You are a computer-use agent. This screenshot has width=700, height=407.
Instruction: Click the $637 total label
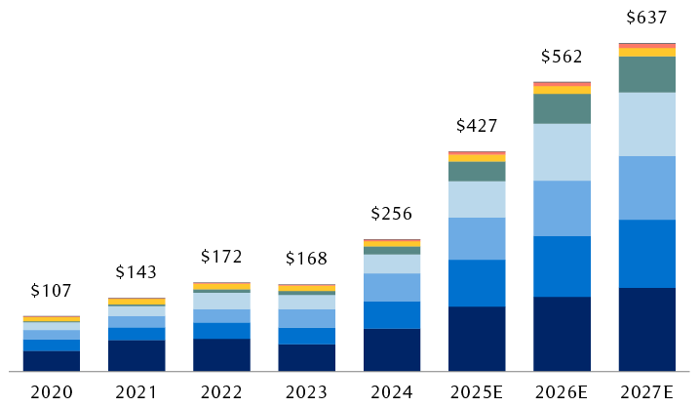647,17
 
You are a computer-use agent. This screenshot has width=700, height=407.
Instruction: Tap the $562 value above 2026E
563,57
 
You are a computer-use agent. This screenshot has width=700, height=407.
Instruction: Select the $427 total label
477,126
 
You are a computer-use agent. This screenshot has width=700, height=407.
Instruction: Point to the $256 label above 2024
392,214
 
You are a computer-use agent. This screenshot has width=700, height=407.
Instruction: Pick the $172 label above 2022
221,257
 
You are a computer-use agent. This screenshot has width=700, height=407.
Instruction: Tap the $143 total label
136,272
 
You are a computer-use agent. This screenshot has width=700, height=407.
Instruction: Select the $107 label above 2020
52,291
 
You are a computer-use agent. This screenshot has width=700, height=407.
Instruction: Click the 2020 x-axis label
52,392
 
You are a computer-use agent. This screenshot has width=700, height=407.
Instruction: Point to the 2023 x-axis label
306,392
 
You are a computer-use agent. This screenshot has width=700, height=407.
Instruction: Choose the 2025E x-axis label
477,392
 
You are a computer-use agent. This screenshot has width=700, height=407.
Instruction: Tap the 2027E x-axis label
647,392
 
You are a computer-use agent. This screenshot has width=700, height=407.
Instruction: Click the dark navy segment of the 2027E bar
647,329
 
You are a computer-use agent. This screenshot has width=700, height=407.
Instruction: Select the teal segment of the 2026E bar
563,108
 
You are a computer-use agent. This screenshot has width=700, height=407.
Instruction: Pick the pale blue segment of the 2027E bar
647,124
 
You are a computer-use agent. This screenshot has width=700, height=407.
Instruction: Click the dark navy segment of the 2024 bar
392,349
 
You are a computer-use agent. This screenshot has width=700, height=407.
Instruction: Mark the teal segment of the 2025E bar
477,171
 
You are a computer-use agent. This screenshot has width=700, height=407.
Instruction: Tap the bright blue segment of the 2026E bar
563,265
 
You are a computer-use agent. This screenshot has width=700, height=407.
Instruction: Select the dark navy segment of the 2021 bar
136,355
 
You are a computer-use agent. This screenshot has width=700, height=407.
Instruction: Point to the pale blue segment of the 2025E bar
477,199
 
